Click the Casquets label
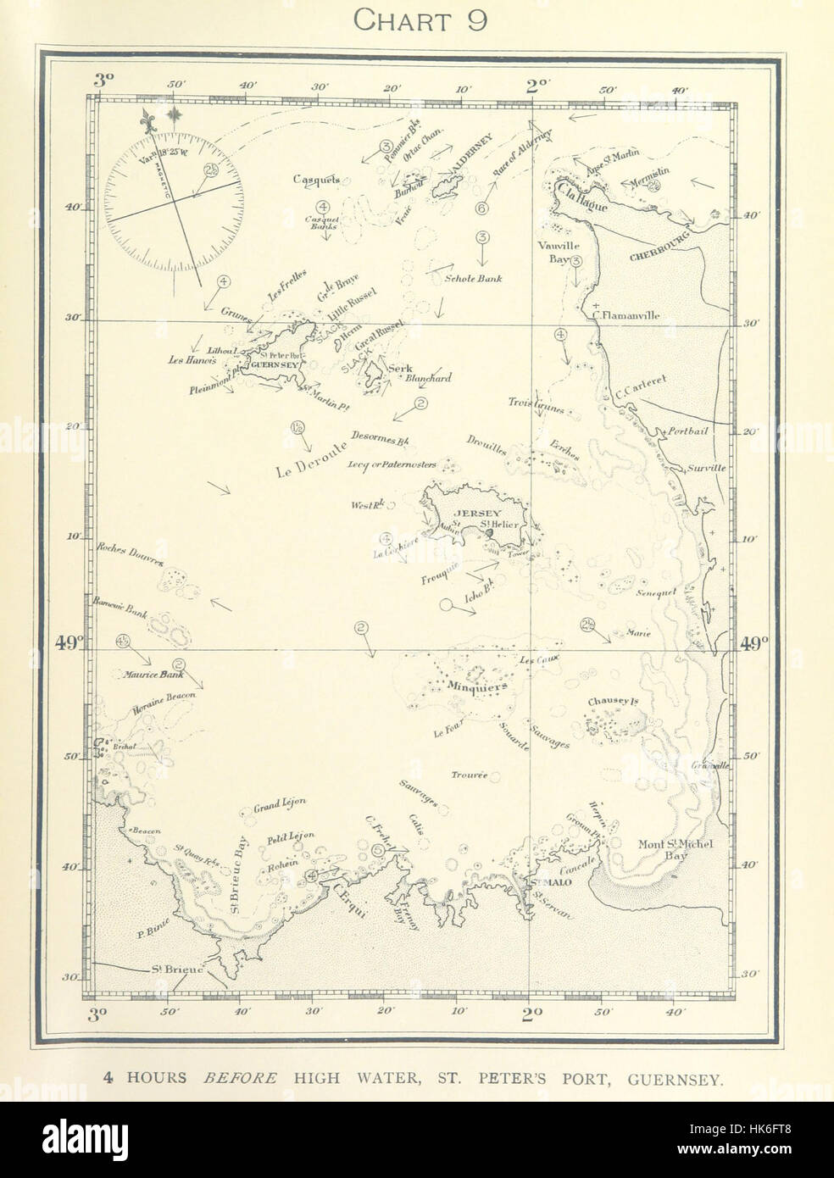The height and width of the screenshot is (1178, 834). (316, 179)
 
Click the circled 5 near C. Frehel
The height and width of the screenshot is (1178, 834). (377, 850)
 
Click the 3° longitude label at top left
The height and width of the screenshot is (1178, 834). (103, 81)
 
